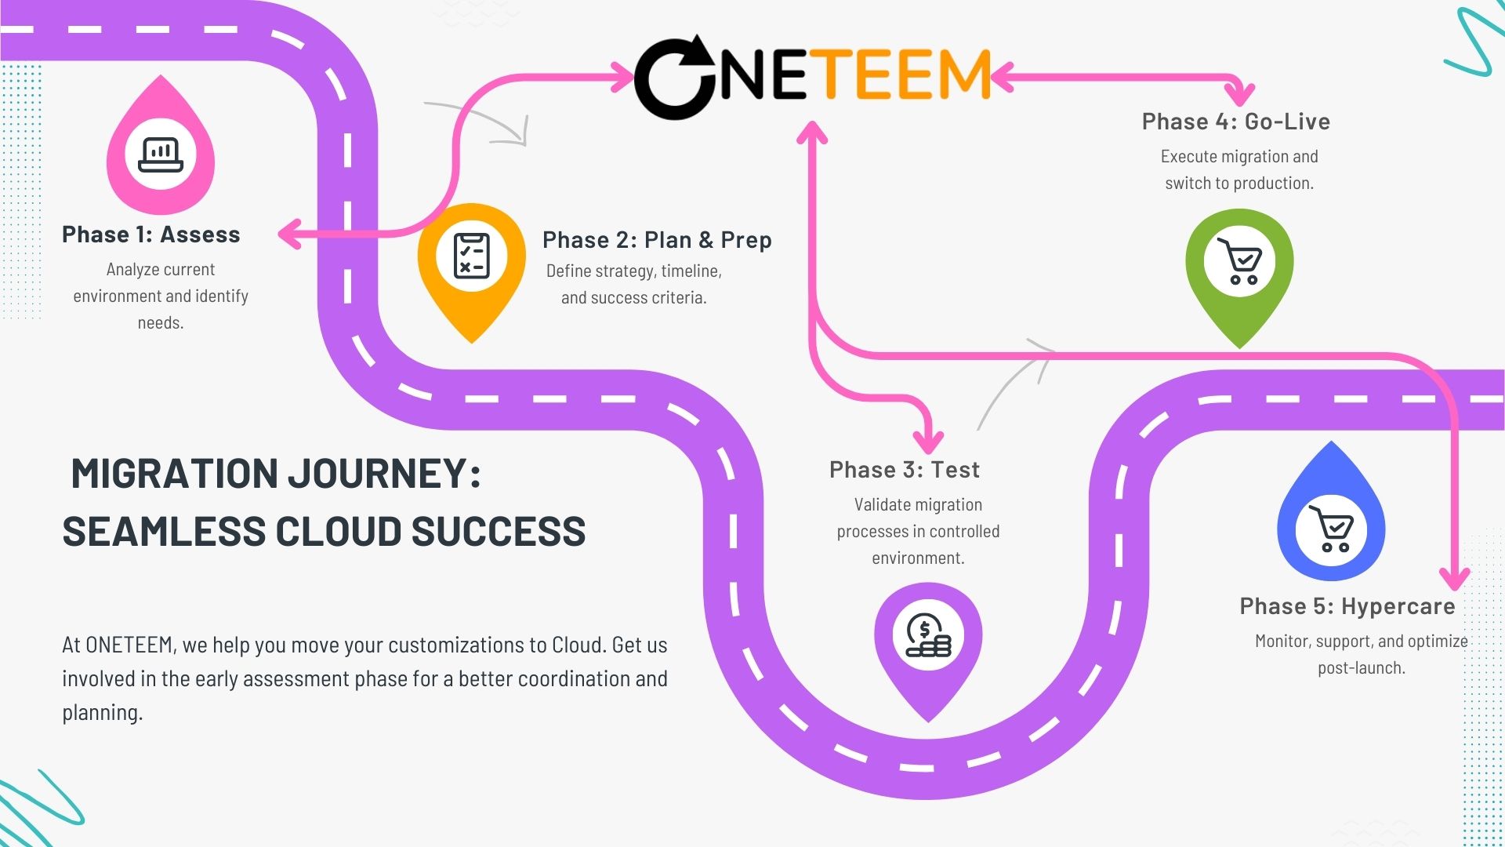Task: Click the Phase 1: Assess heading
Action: [150, 234]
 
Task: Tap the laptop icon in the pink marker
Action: [161, 154]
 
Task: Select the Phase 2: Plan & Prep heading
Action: [657, 240]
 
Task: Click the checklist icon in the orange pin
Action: [472, 256]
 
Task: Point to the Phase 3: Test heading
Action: [905, 470]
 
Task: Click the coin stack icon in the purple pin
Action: [928, 635]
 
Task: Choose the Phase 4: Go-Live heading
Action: [1236, 122]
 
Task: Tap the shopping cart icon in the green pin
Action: [1239, 261]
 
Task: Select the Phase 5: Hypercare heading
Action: [1347, 606]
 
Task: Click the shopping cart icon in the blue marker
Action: [1331, 529]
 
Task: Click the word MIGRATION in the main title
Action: [174, 474]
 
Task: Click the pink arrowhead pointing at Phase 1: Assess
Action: [289, 234]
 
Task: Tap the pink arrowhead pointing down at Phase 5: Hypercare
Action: [1456, 579]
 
